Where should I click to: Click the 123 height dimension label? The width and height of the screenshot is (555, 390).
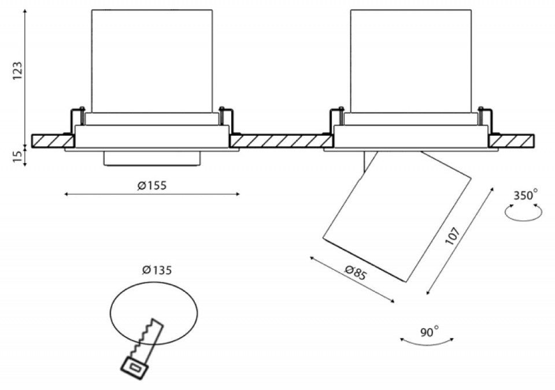point(17,70)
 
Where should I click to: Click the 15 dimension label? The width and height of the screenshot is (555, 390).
point(17,156)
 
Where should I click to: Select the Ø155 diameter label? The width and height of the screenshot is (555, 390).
point(152,185)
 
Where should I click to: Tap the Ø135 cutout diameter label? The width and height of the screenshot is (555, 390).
point(157,270)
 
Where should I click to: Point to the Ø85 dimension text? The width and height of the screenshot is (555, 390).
point(356,272)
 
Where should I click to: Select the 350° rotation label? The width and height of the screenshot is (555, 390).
point(525,195)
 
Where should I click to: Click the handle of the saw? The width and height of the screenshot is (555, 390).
point(135,365)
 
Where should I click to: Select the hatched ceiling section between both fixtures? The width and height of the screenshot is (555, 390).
point(277,140)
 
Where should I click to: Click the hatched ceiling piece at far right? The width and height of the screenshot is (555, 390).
point(511,140)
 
